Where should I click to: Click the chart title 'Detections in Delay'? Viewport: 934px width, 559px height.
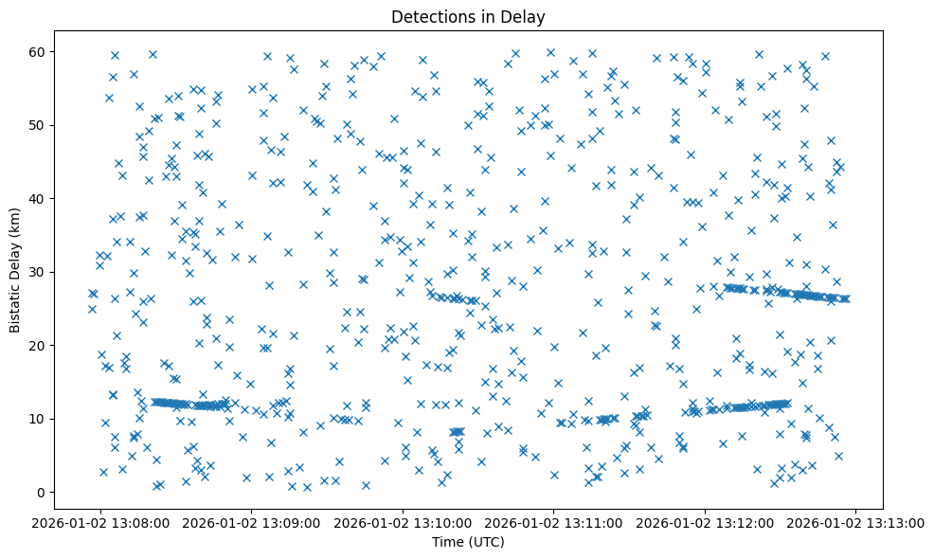coord(468,17)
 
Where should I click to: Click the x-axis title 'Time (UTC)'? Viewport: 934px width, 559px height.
coord(468,542)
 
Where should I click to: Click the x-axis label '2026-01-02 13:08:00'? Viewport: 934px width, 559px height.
coord(102,521)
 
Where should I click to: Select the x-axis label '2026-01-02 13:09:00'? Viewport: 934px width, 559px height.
coord(253,521)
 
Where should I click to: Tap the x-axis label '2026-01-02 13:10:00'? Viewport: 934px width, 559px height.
coord(404,521)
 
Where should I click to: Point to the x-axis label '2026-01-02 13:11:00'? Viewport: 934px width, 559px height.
coord(554,521)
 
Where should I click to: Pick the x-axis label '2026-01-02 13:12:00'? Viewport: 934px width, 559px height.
coord(705,521)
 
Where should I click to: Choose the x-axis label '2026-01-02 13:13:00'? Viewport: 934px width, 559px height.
coord(855,521)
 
